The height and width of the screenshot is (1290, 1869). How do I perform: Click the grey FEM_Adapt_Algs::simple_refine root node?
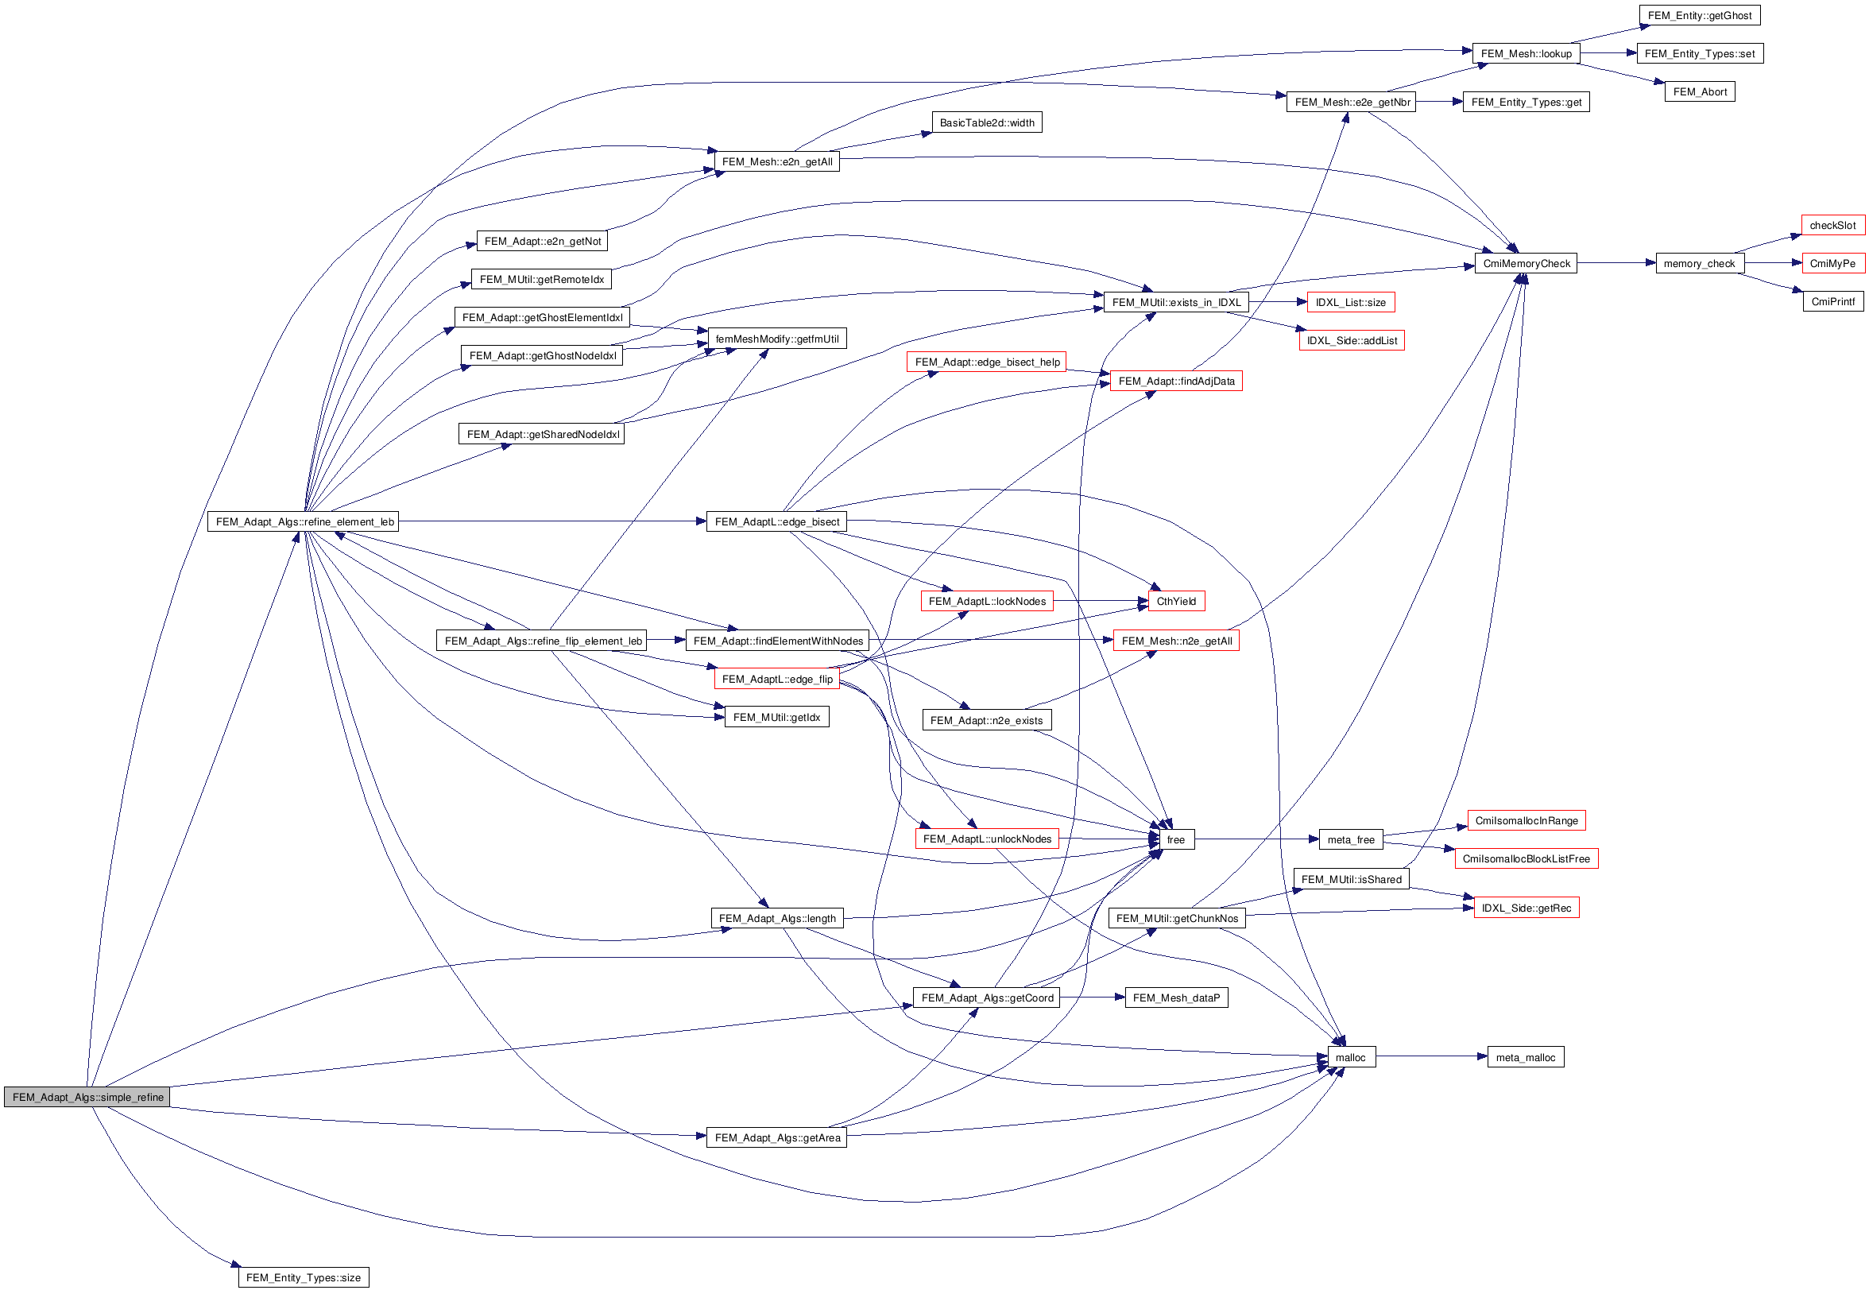tap(87, 1097)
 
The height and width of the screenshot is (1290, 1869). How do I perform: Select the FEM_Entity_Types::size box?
tap(303, 1277)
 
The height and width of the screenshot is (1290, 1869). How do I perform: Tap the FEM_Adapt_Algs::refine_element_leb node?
tap(304, 521)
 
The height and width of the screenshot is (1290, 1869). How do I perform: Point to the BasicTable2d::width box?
tap(986, 123)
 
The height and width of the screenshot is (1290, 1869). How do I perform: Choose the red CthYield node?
tap(1176, 602)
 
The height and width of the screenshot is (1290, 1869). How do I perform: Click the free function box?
tap(1176, 840)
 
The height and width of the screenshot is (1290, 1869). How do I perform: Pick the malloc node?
tap(1350, 1057)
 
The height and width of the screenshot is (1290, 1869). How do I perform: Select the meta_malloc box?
tap(1525, 1057)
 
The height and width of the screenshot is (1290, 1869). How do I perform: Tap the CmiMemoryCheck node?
tap(1526, 264)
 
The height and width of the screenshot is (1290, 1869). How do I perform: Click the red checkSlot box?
tap(1832, 226)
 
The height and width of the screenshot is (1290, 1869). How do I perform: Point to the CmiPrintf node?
tap(1832, 301)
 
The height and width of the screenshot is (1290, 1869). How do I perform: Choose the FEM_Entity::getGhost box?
tap(1699, 15)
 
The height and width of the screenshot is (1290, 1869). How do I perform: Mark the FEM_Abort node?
tap(1699, 92)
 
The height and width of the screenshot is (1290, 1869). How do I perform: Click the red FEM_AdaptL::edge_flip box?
tap(776, 679)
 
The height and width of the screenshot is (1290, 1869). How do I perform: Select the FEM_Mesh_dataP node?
tap(1176, 998)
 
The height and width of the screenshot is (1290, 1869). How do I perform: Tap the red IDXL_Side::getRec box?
tap(1526, 908)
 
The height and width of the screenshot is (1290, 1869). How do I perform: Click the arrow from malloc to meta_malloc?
tap(1430, 1056)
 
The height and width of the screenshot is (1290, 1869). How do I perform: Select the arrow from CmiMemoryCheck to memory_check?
tap(1616, 262)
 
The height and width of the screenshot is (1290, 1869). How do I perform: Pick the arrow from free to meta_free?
tap(1256, 839)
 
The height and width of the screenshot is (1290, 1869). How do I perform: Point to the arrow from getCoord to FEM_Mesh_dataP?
tap(1092, 997)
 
